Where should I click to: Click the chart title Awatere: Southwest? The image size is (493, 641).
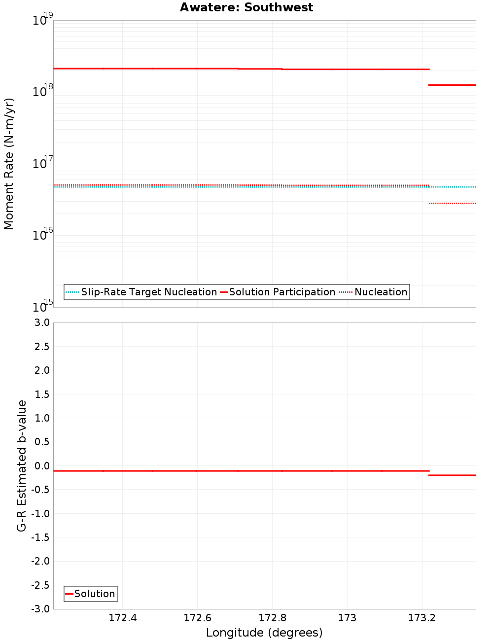tap(246, 7)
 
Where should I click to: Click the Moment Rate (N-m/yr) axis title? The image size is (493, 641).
tap(9, 164)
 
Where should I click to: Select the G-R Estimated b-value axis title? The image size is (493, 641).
tap(22, 465)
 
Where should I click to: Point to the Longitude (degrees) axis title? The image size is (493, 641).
tap(264, 633)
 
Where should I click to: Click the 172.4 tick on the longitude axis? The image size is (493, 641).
tap(123, 618)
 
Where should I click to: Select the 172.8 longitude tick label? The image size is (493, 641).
tap(273, 618)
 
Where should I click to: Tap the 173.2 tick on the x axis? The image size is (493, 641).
tap(422, 618)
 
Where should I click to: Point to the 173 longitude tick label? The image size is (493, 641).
tap(347, 618)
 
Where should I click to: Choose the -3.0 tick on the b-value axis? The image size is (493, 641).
tap(40, 609)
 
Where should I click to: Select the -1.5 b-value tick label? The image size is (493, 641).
tap(40, 537)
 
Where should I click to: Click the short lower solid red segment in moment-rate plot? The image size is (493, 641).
tap(452, 85)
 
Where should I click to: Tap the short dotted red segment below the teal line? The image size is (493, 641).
tap(452, 203)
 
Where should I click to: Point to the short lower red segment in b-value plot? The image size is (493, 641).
tap(452, 475)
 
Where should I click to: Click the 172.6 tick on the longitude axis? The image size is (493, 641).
tap(197, 618)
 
